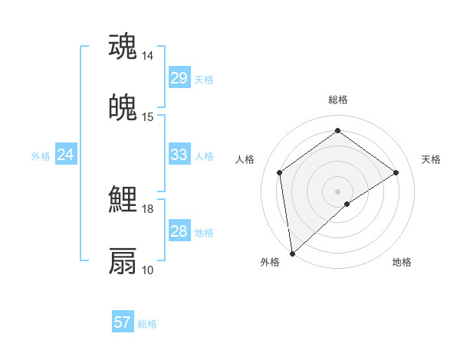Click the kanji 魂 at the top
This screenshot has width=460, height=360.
coord(123,46)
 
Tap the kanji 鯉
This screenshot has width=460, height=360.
coord(123,200)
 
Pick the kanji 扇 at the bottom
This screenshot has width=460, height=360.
coord(123,260)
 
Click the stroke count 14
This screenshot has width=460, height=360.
coord(148,56)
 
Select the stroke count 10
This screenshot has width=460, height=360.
coord(148,270)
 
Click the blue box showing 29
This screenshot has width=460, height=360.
coord(179,78)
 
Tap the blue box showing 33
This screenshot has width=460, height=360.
coord(179,155)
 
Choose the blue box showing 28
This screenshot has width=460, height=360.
coord(179,231)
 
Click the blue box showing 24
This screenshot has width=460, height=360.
coord(65,155)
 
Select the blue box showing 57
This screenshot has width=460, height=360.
coord(122,322)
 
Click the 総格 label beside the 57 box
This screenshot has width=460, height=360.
coord(148,324)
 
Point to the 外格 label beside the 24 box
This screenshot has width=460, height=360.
coord(41,156)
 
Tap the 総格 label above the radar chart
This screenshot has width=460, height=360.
coord(338,100)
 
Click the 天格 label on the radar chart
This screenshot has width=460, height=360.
coord(431,159)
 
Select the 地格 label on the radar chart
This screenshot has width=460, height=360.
coord(402,262)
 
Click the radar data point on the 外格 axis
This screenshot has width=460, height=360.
coord(291,254)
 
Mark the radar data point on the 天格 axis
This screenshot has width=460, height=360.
coord(396,172)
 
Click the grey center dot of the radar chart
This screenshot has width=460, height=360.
coord(338,191)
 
